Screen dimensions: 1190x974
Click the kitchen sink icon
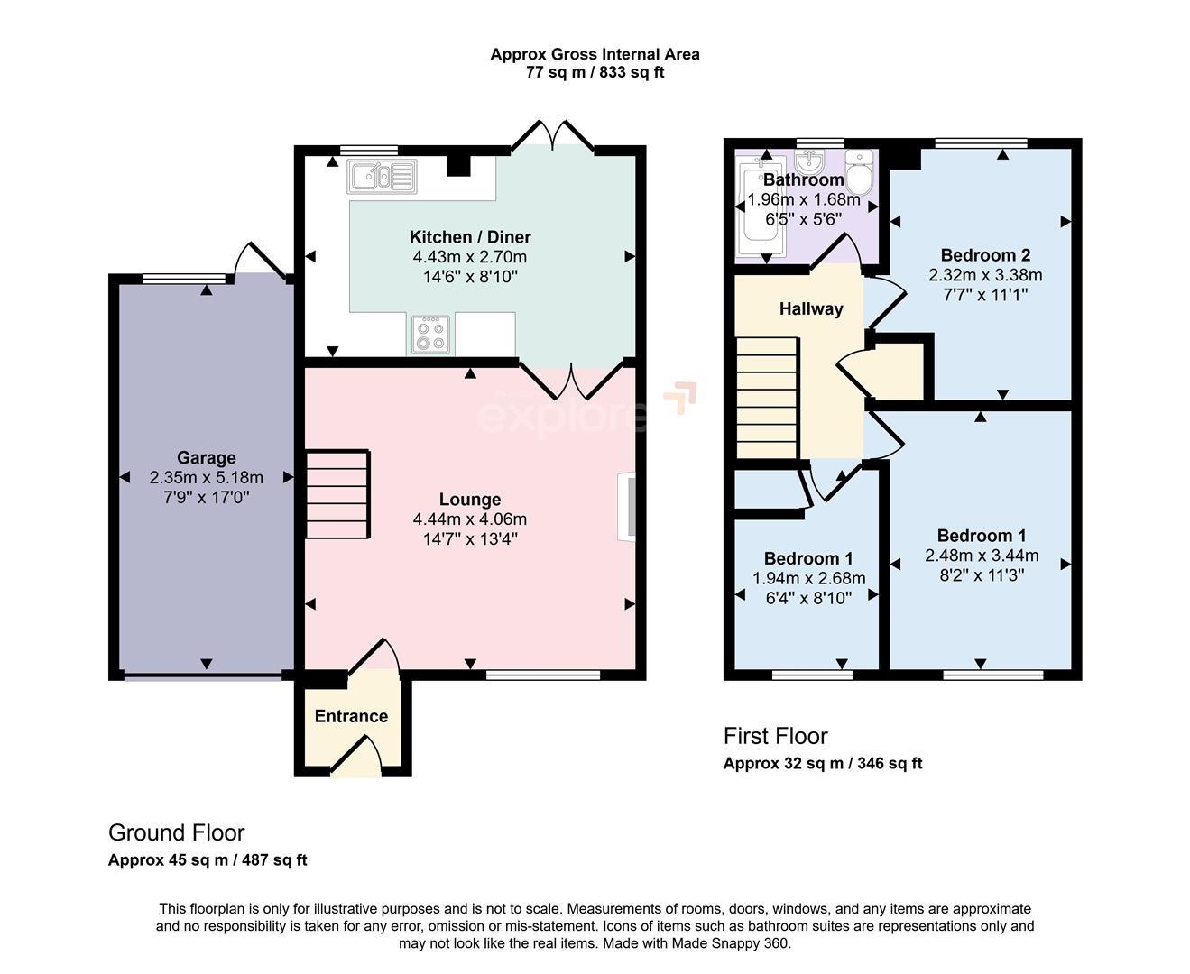[x=382, y=177]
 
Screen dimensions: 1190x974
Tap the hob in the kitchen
[x=430, y=335]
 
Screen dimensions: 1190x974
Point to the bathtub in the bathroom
[x=760, y=206]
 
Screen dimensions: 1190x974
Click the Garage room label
[x=206, y=457]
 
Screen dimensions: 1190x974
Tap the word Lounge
[x=470, y=499]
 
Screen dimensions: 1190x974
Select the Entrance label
[x=351, y=716]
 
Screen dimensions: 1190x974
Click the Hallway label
[x=811, y=309]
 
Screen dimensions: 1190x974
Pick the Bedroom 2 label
[x=985, y=255]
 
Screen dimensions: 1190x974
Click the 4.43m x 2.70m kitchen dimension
[x=469, y=257]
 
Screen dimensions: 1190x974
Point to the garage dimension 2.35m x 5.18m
[x=206, y=478]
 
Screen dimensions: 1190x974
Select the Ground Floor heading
[x=176, y=832]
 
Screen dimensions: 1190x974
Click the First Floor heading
[x=775, y=736]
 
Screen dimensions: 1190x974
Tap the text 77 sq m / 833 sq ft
[x=595, y=73]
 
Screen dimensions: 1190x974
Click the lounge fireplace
[x=627, y=507]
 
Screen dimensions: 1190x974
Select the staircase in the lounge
[x=337, y=494]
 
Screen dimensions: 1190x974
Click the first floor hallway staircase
[x=768, y=398]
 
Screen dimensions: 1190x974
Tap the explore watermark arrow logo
[x=681, y=397]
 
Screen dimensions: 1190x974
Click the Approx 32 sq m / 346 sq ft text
[x=823, y=764]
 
